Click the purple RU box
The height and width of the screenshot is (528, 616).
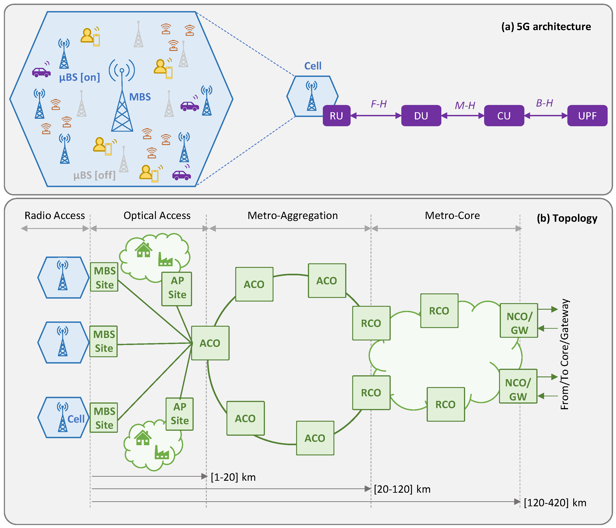tap(336, 116)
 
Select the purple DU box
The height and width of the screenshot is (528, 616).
tap(421, 116)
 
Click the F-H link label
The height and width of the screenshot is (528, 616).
tap(378, 104)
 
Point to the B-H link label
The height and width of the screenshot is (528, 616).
tap(544, 103)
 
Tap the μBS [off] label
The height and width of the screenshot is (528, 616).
tap(94, 175)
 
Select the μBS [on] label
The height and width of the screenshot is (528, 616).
tap(79, 78)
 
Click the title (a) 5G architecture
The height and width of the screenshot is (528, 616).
tap(546, 27)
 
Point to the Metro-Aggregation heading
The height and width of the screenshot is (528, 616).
tap(293, 216)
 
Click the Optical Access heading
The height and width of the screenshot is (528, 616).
tap(157, 216)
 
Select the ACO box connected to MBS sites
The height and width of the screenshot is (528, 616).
tap(210, 343)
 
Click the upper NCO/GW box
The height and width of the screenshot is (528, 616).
tap(519, 321)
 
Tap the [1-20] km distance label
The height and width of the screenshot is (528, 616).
tap(233, 477)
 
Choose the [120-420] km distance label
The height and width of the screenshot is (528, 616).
tap(555, 503)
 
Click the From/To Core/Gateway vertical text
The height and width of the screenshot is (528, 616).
tap(564, 354)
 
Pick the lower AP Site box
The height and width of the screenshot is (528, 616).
tap(180, 414)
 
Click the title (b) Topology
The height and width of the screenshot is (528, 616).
tap(567, 219)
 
